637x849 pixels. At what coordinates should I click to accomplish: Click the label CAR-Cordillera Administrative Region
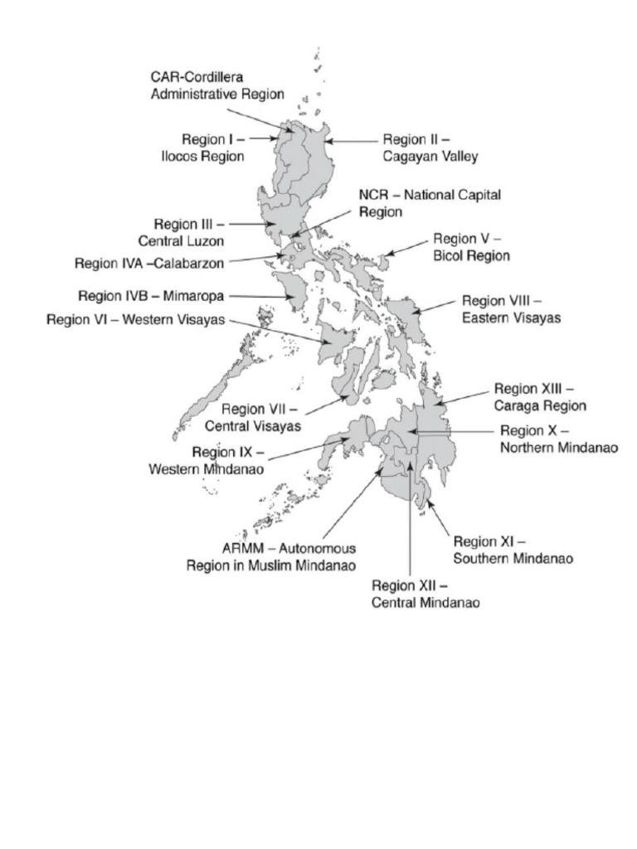217,85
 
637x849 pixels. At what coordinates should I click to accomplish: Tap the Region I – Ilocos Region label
212,148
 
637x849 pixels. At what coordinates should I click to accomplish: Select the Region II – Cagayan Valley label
430,148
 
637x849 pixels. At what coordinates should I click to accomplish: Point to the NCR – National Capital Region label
430,203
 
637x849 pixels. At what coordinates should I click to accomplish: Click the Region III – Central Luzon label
189,232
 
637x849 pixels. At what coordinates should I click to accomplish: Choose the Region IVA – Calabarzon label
150,264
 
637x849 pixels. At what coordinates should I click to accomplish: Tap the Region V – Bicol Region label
471,247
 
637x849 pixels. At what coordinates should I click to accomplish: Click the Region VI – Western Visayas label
136,320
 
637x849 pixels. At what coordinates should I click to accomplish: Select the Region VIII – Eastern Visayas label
511,308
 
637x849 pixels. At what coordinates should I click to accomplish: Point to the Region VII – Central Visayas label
260,417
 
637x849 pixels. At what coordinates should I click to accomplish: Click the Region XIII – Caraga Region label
540,396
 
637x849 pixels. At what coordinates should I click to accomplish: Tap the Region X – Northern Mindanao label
559,439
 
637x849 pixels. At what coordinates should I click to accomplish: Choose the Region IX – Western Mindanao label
207,460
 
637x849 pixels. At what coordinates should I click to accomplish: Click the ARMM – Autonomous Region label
271,556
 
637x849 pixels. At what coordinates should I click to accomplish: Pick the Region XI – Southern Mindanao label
513,550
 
